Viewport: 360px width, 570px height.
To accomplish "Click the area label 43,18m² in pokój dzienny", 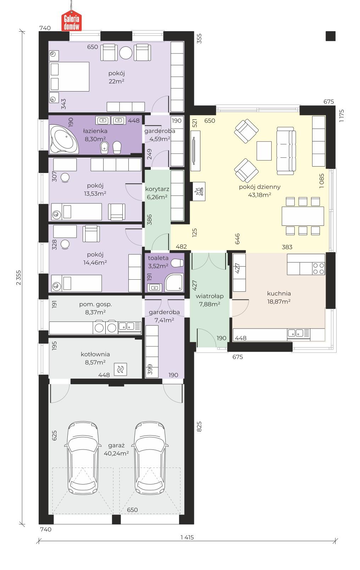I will tap(260, 195).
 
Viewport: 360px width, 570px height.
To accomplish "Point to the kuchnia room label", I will tap(279, 294).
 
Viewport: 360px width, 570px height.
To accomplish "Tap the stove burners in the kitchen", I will tap(319, 268).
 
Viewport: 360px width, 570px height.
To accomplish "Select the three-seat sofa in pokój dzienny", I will tap(286, 151).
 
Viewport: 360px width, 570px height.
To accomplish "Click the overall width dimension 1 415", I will tap(187, 537).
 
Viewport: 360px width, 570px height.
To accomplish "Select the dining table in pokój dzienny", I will tap(303, 216).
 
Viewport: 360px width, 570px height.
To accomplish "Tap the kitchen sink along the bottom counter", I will tap(297, 333).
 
